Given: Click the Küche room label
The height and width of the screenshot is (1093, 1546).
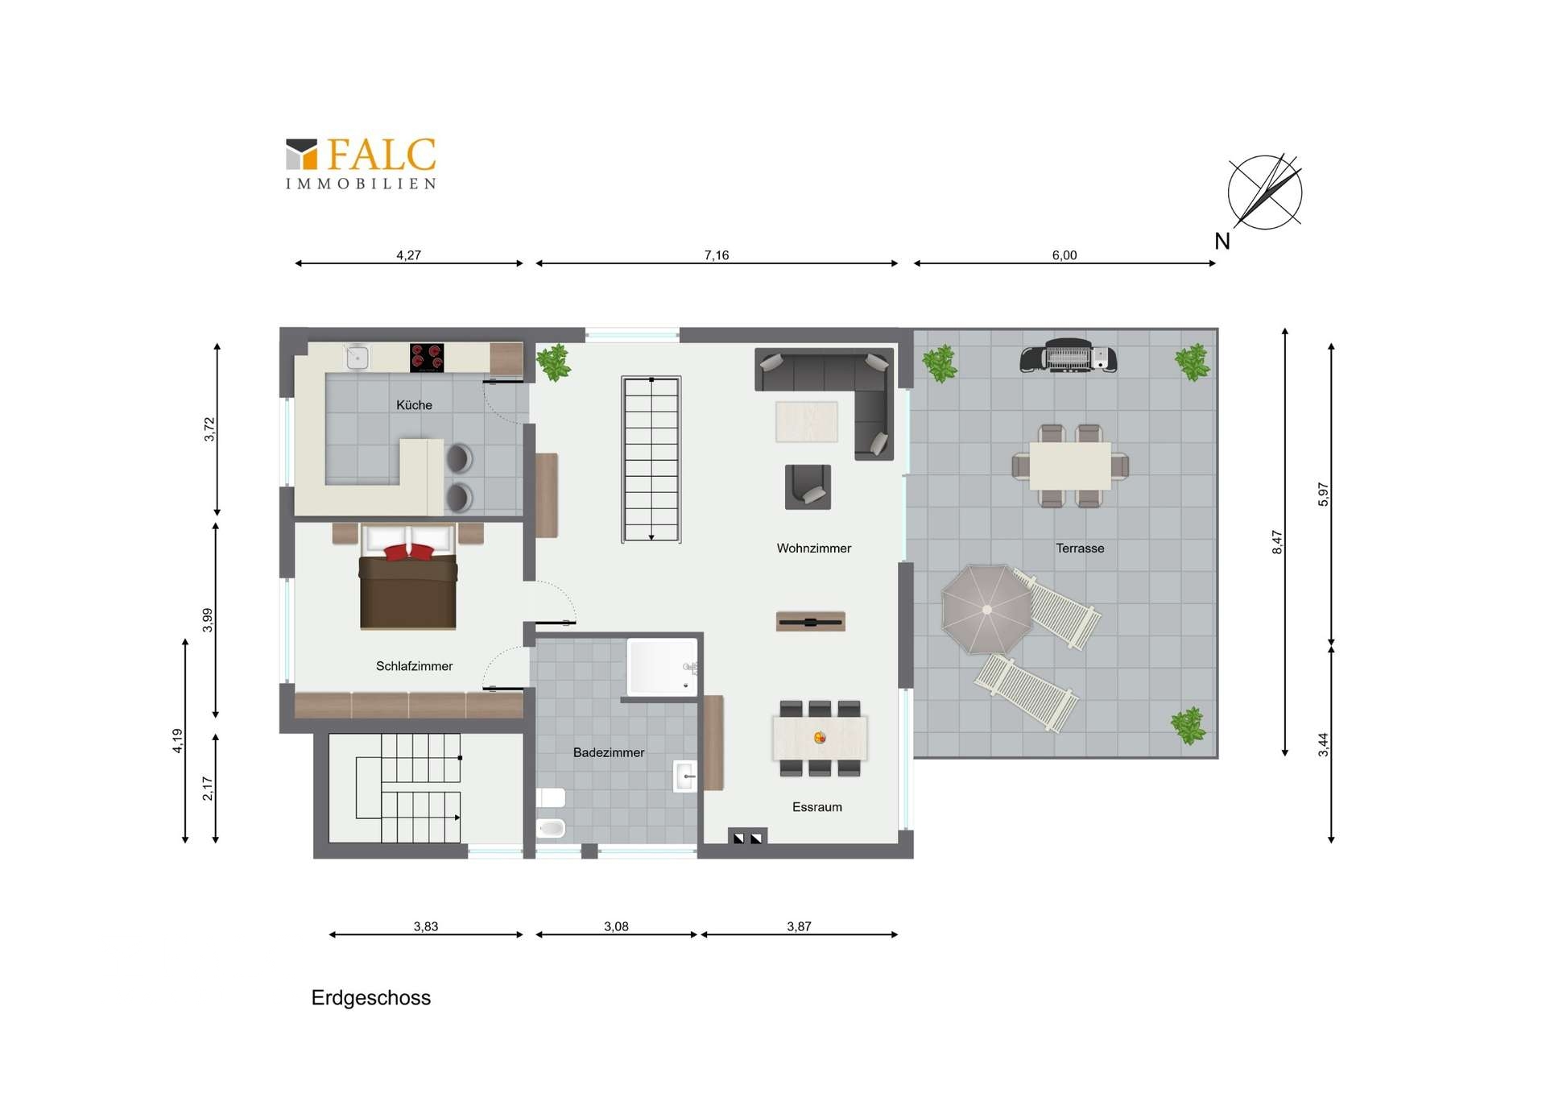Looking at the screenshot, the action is tap(414, 405).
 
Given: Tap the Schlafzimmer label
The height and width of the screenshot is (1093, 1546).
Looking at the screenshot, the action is tap(414, 666).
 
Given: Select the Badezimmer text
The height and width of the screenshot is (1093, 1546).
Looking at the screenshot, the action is tap(609, 752).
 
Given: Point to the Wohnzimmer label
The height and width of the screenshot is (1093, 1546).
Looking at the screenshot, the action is tap(813, 549).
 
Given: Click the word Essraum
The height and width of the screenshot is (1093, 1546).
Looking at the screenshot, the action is tap(816, 807).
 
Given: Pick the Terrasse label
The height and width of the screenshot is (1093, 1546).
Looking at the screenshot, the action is tap(1080, 549).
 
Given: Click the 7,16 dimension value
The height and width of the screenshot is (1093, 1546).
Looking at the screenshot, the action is tap(717, 255).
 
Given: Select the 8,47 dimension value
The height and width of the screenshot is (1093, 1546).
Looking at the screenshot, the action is tap(1277, 542).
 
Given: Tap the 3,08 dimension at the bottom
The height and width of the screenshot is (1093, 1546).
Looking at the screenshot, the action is tap(616, 926).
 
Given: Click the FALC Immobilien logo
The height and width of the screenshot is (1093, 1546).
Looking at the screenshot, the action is tap(361, 164).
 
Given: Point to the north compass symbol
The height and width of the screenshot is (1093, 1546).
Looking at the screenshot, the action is tap(1264, 193).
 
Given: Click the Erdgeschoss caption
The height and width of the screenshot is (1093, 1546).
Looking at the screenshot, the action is tap(371, 998).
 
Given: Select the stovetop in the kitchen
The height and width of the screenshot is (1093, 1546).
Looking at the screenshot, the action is tap(427, 358).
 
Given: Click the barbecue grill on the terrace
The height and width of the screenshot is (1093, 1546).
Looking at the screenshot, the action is tap(1068, 355).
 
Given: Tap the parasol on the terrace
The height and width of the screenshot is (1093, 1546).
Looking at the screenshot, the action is tap(986, 609).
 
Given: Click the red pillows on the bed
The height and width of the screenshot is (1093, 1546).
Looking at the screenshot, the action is tap(409, 552).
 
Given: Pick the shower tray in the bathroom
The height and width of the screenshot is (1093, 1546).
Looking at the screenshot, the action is tap(662, 667).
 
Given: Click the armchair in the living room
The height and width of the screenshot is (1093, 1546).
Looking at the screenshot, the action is tap(808, 486).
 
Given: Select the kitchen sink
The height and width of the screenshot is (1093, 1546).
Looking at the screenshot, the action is tap(358, 356).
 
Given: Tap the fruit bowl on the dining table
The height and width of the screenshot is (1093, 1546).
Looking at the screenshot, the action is tap(820, 737).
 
